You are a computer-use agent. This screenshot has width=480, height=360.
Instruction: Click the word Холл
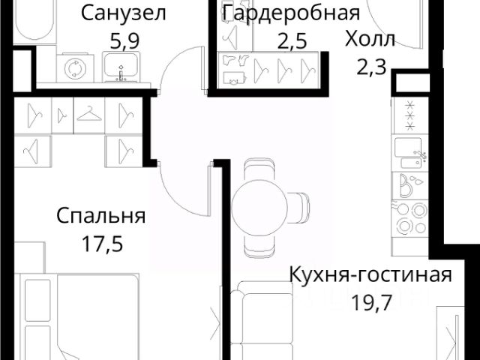click(370, 39)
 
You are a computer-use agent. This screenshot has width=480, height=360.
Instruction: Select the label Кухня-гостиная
click(370, 274)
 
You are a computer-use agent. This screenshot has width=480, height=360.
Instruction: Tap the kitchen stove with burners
click(412, 216)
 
